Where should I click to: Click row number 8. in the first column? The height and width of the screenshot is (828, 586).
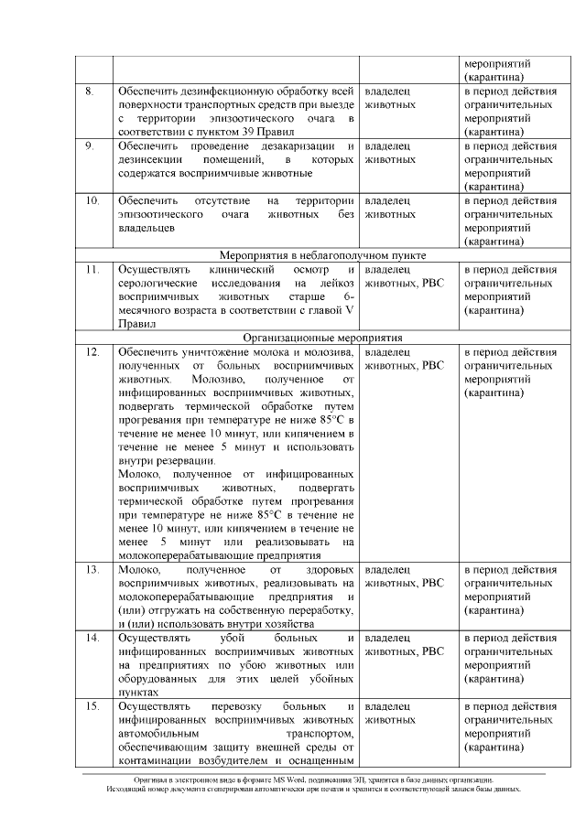pyautogui.click(x=90, y=91)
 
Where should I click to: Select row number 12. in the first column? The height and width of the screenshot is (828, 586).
pyautogui.click(x=92, y=351)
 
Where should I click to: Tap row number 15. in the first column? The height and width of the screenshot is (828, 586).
pyautogui.click(x=92, y=707)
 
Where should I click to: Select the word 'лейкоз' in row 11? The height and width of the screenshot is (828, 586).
pyautogui.click(x=335, y=283)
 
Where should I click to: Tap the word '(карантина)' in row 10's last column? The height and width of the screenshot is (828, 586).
pyautogui.click(x=494, y=242)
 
